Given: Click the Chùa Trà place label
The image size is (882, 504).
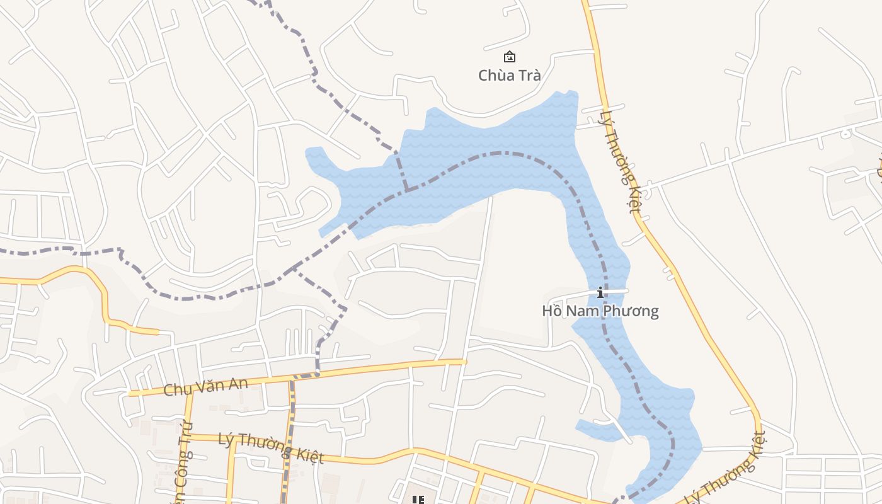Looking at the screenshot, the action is (509, 76).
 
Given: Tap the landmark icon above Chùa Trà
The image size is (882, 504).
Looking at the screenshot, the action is (510, 57).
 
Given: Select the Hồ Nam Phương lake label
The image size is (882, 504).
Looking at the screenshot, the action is (600, 311).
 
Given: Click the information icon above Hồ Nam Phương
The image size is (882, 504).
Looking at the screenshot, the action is (600, 292).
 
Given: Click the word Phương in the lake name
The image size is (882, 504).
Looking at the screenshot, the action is (630, 311).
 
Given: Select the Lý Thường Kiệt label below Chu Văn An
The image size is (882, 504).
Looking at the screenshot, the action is (271, 447).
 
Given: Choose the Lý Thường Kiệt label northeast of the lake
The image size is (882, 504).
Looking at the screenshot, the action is (621, 162).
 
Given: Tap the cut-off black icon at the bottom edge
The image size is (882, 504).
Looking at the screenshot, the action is (417, 500).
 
